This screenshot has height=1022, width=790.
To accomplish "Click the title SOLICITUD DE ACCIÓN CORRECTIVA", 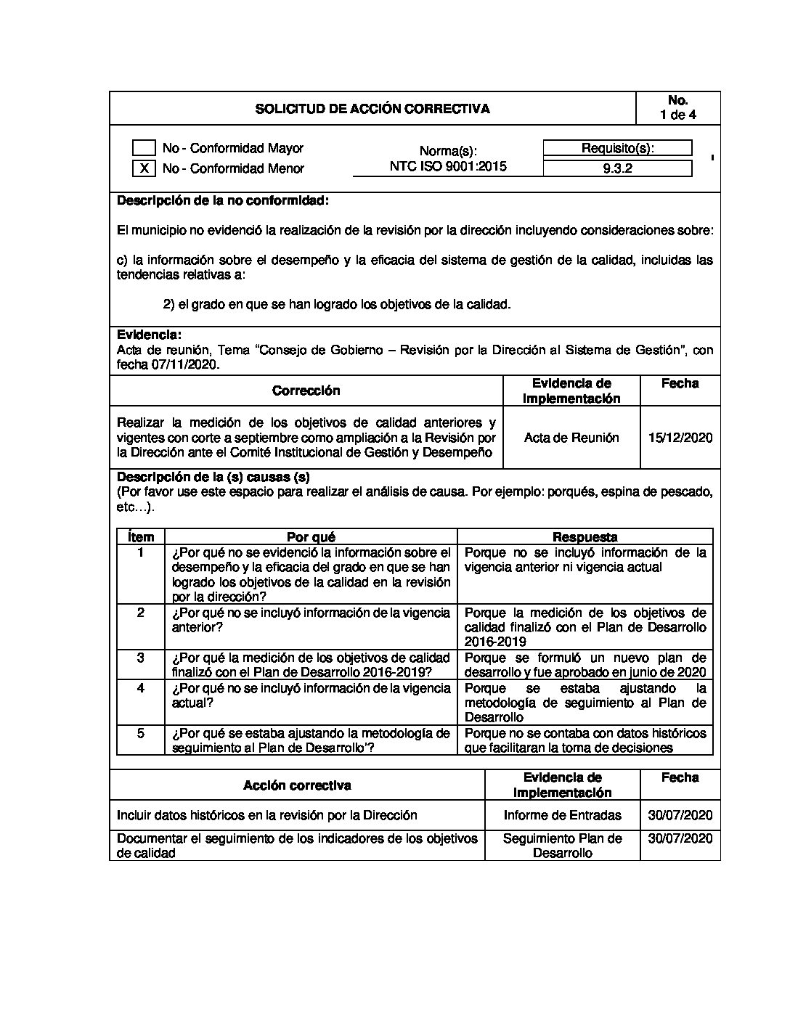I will point(372,109).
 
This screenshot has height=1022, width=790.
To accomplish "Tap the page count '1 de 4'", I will point(677,115).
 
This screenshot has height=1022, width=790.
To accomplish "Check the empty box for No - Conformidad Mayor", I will point(144,148).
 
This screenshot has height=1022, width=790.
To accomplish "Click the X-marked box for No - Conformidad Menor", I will point(144,168).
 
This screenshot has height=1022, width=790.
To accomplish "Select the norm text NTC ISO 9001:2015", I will point(448,166).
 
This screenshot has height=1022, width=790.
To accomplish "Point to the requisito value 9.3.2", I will point(617,168).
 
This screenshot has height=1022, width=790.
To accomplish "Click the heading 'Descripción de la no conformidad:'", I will point(222,200).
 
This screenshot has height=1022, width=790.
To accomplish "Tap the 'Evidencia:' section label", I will point(149,335).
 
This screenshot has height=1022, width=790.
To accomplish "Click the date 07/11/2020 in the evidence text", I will point(184,365).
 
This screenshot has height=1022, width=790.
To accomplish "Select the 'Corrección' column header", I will point(306,391).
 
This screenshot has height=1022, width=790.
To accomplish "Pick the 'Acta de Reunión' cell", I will point(571,438).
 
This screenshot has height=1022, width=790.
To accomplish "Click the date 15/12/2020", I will point(680,438).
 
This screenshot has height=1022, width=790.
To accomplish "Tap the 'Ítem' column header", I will point(140,537).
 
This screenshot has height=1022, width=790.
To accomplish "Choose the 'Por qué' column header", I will point(311,537).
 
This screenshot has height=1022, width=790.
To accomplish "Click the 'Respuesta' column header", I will point(585,537).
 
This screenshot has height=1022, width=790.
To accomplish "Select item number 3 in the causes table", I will point(141,658).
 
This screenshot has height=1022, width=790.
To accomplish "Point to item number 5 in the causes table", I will point(141,733).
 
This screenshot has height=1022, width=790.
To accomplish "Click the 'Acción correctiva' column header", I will point(297,785).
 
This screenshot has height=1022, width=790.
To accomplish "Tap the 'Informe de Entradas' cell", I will point(562,815).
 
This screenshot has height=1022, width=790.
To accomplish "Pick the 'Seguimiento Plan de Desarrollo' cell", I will point(562,846).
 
